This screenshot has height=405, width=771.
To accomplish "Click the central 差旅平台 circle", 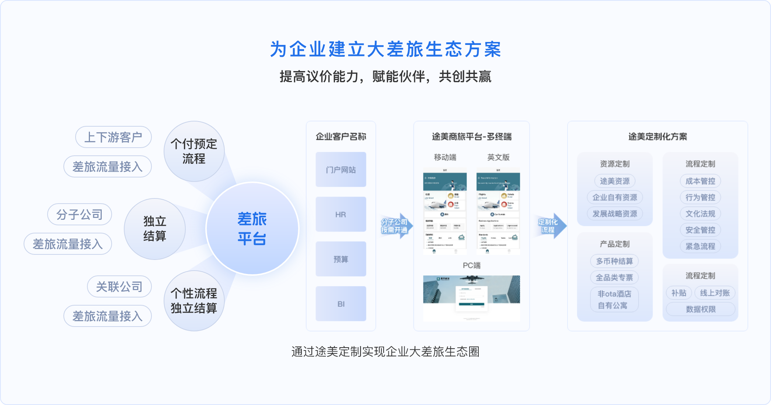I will click(252, 229).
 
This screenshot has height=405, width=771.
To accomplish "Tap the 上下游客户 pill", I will click(114, 137).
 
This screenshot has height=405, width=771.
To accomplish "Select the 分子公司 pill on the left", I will click(80, 214).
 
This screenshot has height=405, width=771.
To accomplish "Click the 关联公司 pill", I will click(119, 286).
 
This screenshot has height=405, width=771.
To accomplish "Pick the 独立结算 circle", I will click(155, 229).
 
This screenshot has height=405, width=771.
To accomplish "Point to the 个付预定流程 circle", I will click(194, 151).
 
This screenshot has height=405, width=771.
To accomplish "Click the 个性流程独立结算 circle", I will click(194, 301).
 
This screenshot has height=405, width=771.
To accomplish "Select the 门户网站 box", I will click(341, 170).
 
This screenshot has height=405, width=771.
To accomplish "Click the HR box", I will click(341, 214).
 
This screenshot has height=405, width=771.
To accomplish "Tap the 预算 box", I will click(341, 259).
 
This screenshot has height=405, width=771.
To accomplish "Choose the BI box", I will click(341, 304).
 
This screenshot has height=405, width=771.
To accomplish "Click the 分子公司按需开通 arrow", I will click(395, 226).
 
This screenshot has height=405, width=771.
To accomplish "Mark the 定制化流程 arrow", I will click(550, 226).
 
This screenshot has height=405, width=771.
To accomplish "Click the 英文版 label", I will click(498, 157).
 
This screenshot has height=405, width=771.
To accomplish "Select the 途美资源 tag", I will click(615, 181).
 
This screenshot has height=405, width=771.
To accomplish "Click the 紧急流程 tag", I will click(700, 246).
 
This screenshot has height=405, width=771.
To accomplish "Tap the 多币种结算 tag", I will click(614, 261).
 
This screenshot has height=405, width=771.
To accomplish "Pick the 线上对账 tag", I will click(715, 293).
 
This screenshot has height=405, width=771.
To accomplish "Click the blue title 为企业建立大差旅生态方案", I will click(385, 49).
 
